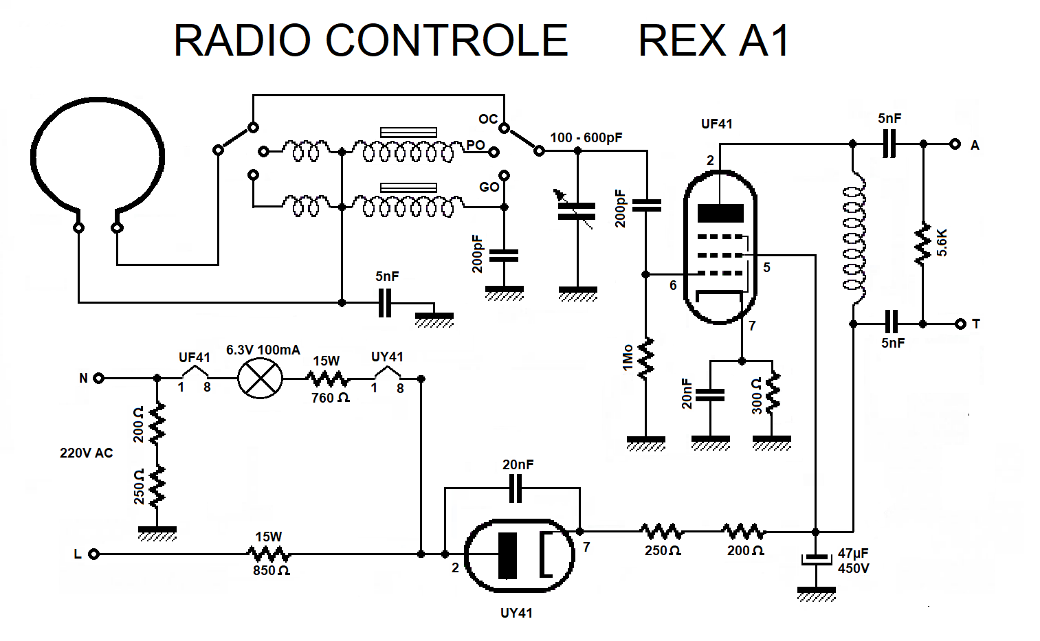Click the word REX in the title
(x=682, y=41)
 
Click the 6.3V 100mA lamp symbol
(x=260, y=379)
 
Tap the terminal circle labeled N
(x=98, y=378)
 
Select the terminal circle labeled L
(x=94, y=554)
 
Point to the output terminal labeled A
(x=955, y=144)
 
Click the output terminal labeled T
(x=960, y=324)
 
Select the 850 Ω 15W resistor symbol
(x=269, y=554)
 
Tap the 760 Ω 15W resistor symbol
(x=327, y=379)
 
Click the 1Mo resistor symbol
(x=645, y=358)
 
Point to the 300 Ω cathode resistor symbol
(x=773, y=392)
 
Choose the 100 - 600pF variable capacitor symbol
(x=577, y=212)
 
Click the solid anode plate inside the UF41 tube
(x=720, y=213)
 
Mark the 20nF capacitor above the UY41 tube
(x=515, y=488)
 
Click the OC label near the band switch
(x=488, y=119)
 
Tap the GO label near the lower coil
(x=489, y=187)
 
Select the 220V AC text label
(x=87, y=453)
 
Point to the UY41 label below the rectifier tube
(x=516, y=614)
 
